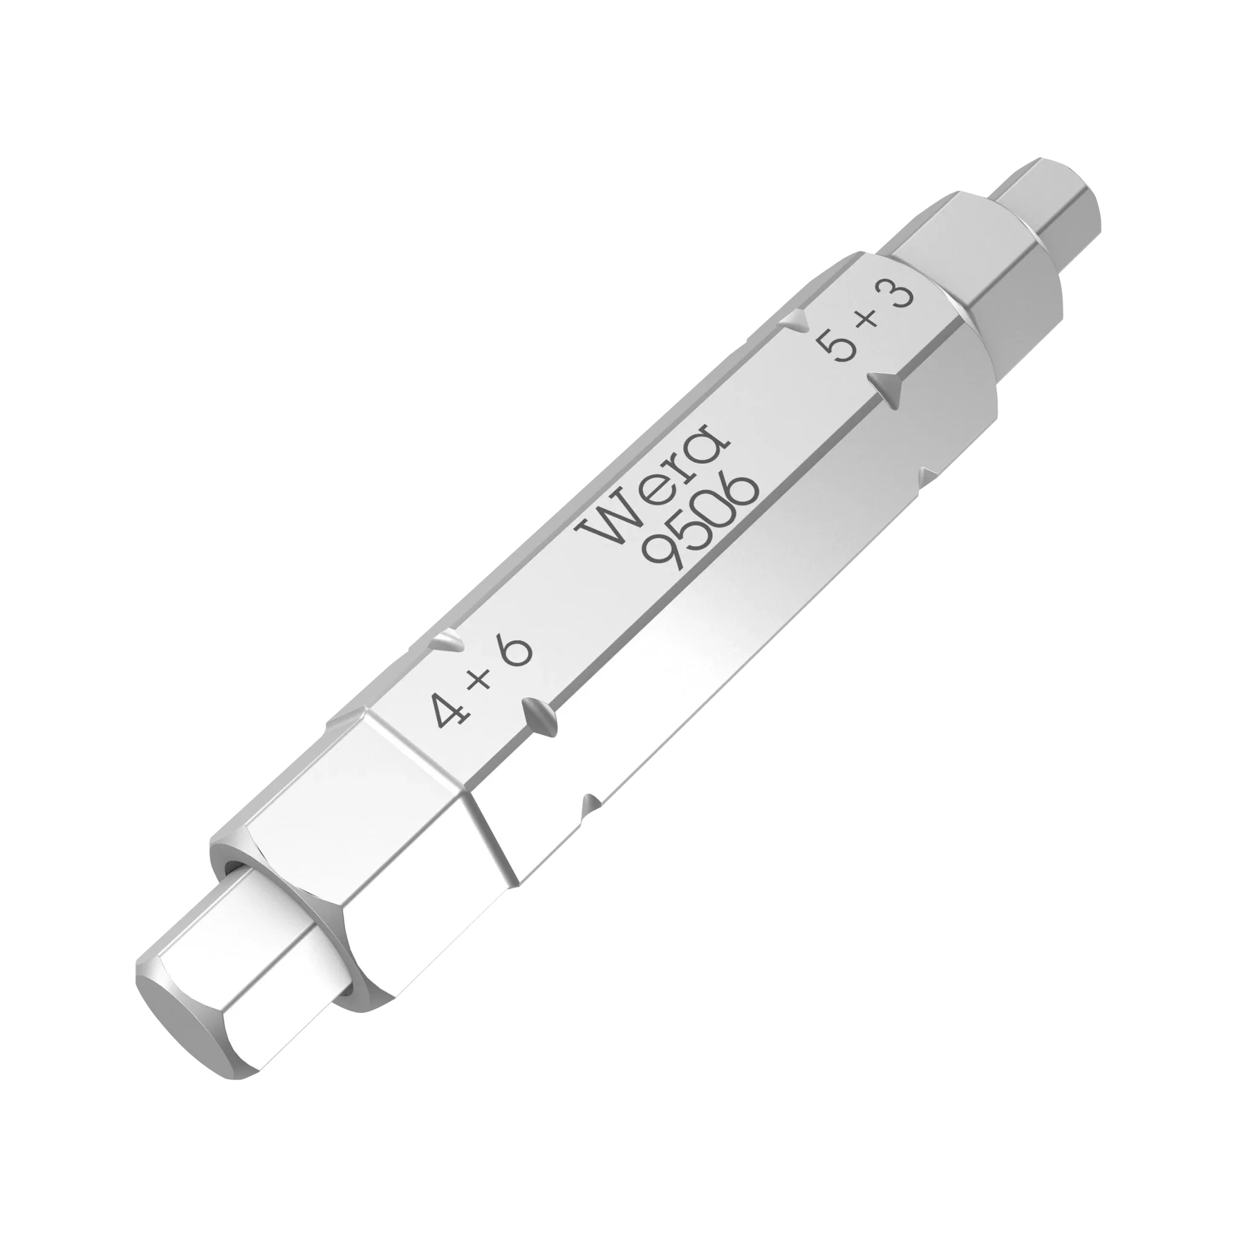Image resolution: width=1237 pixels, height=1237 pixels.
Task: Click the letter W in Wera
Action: tap(608, 518)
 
